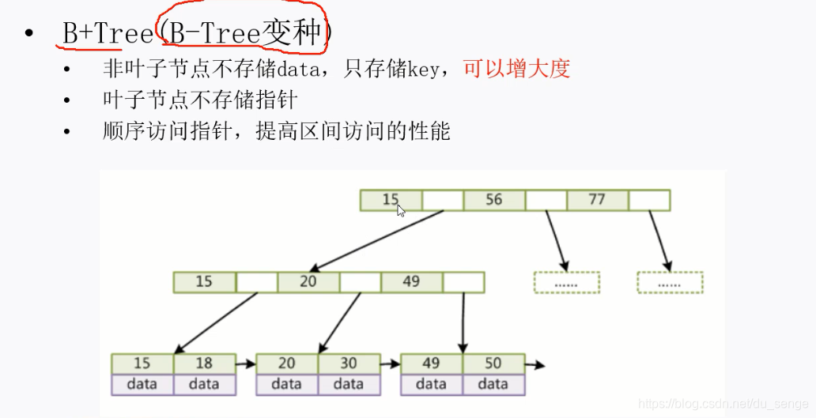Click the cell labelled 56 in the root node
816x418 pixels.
[494, 200]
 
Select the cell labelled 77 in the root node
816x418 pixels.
[597, 200]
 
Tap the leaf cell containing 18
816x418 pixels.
[204, 363]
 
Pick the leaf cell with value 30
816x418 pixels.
[349, 363]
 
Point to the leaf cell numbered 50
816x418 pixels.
[493, 363]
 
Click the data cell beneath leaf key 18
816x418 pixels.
[204, 385]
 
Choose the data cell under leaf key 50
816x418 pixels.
[493, 385]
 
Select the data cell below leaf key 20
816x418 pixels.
[287, 385]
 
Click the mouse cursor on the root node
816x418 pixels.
[401, 210]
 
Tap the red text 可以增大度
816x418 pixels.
[516, 70]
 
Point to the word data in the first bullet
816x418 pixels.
[295, 70]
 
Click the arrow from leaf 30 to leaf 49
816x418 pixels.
[390, 364]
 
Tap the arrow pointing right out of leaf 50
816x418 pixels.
[535, 364]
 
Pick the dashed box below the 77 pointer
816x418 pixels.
[670, 283]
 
